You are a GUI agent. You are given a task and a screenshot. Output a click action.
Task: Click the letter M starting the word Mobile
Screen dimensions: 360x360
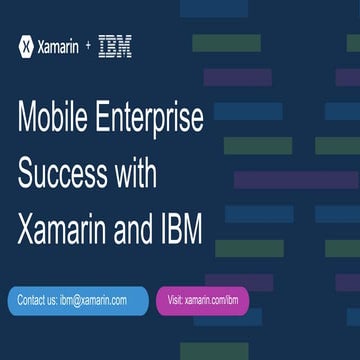(28, 120)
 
